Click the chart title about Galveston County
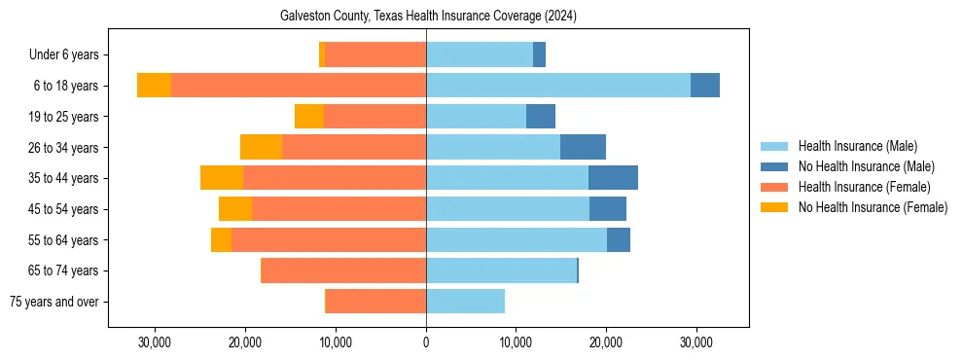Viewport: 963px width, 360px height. [428, 17]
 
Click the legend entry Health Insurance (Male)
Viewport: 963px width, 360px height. [857, 146]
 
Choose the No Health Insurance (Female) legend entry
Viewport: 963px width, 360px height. [873, 207]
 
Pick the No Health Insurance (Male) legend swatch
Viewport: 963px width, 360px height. [775, 166]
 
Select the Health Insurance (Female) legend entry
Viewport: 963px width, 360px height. [864, 187]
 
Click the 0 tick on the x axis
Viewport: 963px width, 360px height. [426, 342]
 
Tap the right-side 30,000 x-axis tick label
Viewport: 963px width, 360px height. [695, 342]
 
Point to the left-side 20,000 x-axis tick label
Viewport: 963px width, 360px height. [245, 342]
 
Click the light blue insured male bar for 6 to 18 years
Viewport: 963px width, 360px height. [558, 86]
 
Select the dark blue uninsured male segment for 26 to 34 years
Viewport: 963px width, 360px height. [583, 147]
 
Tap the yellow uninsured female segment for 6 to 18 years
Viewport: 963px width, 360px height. [154, 86]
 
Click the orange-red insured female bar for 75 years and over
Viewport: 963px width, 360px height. [375, 302]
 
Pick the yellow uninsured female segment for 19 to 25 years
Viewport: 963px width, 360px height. [308, 117]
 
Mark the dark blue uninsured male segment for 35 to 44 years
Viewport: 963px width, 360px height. [613, 178]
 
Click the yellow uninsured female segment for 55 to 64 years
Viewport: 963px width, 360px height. [221, 239]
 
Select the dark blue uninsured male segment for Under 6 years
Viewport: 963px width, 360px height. [539, 55]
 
